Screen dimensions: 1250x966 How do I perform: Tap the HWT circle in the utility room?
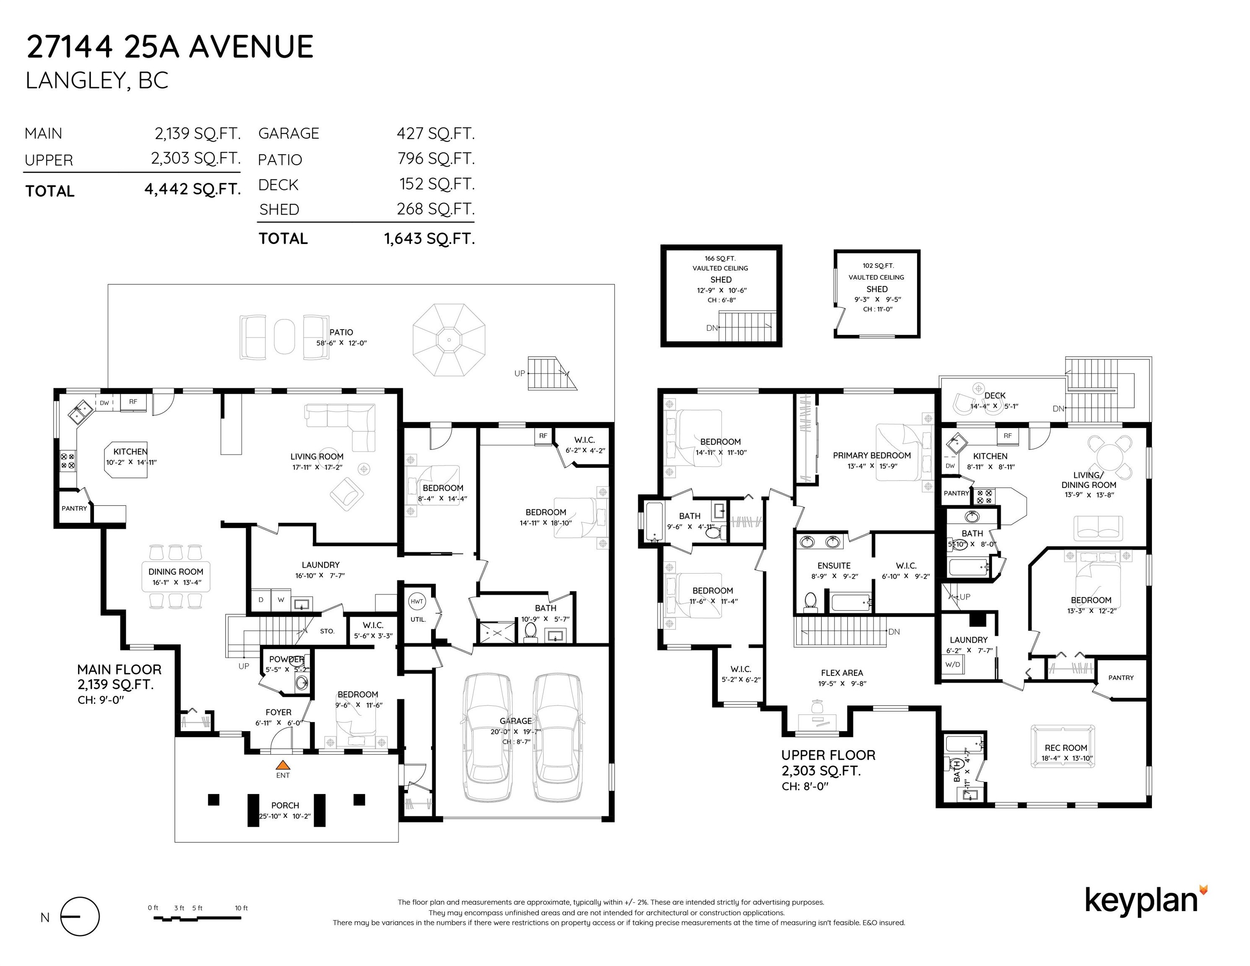click(x=417, y=602)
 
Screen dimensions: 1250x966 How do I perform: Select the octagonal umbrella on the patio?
click(x=449, y=340)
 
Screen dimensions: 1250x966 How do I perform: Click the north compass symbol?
click(x=80, y=916)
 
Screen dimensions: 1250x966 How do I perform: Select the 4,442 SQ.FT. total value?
click(x=192, y=190)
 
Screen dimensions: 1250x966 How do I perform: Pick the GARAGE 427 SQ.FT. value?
click(x=436, y=133)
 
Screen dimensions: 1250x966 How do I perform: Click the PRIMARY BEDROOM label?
click(x=872, y=455)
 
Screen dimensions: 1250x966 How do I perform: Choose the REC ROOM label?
click(x=1065, y=748)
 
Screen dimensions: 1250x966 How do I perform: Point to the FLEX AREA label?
click(x=841, y=673)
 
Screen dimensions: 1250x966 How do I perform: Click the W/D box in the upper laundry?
click(x=953, y=665)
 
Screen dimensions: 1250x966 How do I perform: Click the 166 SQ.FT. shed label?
click(x=720, y=259)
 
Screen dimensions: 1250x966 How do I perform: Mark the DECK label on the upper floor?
click(x=995, y=395)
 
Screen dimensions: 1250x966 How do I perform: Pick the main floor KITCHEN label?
click(x=130, y=452)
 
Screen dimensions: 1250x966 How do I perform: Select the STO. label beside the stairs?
click(x=327, y=631)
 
